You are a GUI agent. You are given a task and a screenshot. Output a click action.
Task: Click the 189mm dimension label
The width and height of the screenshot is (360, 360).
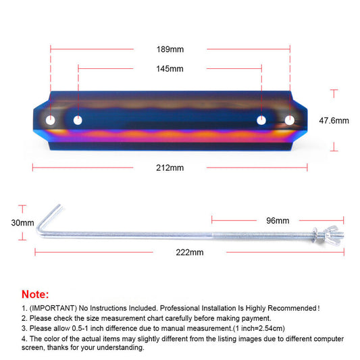170,49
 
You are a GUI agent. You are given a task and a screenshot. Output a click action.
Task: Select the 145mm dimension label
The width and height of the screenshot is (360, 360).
170,69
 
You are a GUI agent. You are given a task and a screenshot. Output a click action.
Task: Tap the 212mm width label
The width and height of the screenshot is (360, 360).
170,168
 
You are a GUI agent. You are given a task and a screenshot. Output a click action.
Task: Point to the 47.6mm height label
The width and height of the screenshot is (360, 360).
334,120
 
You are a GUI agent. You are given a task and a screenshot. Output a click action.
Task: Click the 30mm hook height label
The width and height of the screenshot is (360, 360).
22,223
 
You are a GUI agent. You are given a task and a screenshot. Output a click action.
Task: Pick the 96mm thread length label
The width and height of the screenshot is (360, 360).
278,221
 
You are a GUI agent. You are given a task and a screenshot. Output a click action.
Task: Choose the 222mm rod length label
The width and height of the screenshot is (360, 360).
190,253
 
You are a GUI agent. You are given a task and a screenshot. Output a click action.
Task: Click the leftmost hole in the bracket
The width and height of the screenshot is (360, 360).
50,120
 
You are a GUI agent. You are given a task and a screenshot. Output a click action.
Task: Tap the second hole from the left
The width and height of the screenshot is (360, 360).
78,120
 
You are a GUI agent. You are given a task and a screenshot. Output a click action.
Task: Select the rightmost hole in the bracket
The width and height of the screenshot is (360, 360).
290,120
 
